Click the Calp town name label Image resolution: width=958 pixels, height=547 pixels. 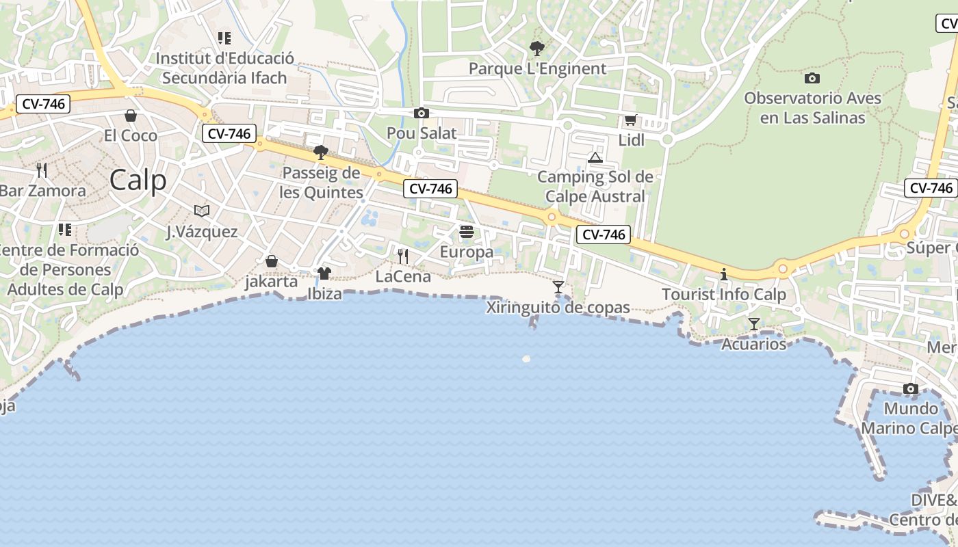click(138, 181)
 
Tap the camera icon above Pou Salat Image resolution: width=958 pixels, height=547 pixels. click(422, 114)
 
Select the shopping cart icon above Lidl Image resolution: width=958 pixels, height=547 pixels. click(630, 120)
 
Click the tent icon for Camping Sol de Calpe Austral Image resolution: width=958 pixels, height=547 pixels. click(595, 158)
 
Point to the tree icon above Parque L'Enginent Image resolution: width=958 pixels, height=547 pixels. click(537, 49)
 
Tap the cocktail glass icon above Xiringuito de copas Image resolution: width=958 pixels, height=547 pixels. click(558, 287)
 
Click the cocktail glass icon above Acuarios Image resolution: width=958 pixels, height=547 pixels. click(754, 323)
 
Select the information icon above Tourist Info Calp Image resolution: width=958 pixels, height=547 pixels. click(724, 275)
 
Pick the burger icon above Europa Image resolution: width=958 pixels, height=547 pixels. click(467, 232)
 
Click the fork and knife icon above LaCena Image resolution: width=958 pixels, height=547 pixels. click(403, 256)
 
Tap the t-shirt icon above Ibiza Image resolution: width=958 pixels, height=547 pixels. click(324, 273)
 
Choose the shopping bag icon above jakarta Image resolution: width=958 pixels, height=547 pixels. click(272, 261)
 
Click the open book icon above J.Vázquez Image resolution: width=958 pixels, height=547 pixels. click(202, 211)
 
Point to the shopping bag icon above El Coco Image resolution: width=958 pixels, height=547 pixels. click(131, 116)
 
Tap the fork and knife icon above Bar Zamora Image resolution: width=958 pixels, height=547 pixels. click(42, 170)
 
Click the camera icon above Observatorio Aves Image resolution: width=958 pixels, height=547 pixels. click(812, 78)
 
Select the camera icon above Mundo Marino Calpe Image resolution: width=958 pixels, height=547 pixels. click(910, 388)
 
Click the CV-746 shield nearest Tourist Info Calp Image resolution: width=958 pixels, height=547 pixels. click(603, 235)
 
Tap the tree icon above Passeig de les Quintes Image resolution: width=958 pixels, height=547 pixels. click(320, 152)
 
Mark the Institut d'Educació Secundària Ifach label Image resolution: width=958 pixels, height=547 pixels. click(224, 68)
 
